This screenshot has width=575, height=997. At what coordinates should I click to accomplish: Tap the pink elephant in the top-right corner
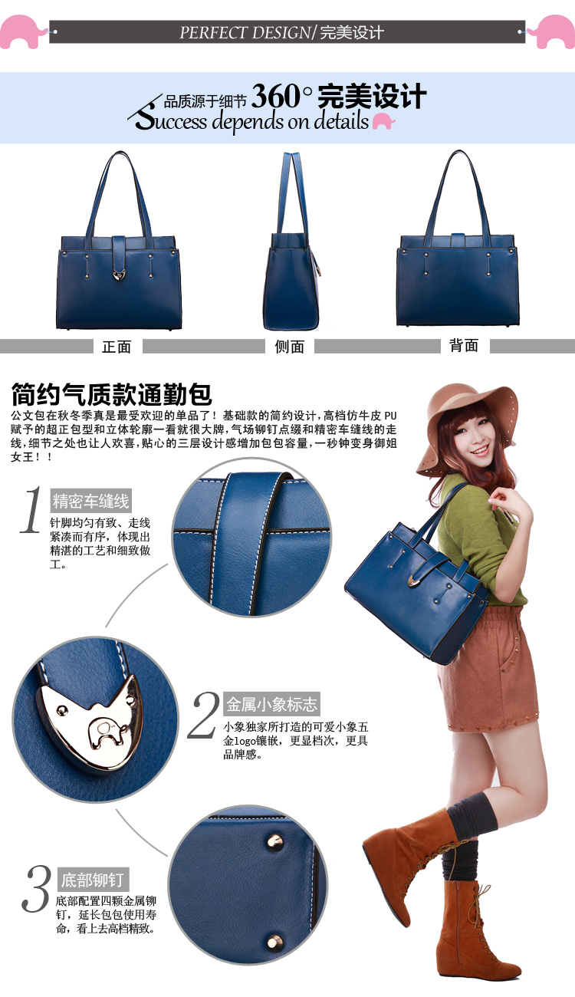click(554, 31)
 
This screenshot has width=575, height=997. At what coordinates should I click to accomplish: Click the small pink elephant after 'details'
click(383, 120)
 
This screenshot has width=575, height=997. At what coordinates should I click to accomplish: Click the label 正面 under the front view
click(117, 347)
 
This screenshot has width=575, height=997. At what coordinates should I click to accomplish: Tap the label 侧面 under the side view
click(289, 347)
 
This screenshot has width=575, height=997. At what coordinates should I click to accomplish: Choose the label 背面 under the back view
click(464, 345)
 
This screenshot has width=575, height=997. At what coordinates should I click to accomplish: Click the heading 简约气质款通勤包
click(111, 393)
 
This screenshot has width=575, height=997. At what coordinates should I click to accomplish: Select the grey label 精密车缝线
click(90, 501)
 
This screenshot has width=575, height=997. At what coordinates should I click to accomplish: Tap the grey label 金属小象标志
click(271, 704)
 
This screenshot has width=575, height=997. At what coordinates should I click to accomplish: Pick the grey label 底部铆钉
click(93, 880)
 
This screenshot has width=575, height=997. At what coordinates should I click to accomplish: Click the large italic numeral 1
click(31, 510)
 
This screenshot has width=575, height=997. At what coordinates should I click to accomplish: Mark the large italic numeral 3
click(35, 888)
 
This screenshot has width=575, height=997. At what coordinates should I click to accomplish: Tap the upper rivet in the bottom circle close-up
click(274, 841)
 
